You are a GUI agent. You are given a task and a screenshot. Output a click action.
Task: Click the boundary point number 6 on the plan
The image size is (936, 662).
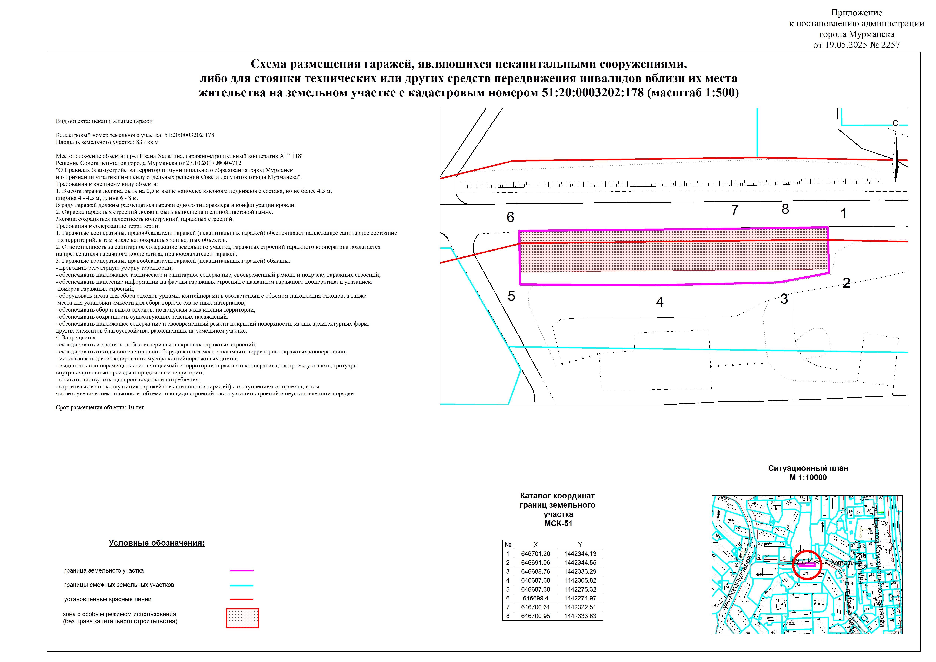point(510,217)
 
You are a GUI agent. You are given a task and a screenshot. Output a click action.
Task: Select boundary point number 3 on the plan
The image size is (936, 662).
point(784,299)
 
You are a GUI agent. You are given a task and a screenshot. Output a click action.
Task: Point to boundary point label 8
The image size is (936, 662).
point(785,209)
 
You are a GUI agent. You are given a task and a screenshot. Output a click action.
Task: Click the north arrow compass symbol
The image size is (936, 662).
point(896,155)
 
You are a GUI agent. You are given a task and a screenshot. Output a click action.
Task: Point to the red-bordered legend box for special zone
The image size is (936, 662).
point(243,618)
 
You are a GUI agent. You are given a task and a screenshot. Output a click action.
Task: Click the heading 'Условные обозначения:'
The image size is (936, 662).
point(157,543)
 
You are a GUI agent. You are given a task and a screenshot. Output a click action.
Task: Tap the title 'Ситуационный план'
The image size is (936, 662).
point(808,468)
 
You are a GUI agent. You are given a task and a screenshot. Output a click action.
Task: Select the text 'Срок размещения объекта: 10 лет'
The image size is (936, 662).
point(100,407)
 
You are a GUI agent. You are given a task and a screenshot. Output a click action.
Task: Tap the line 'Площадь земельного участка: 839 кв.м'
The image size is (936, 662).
point(107,142)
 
